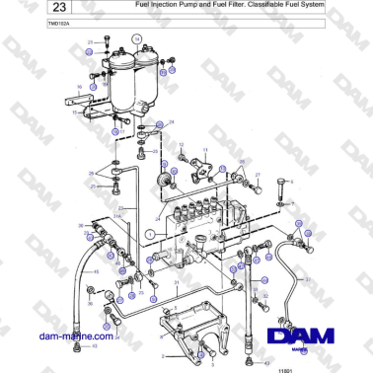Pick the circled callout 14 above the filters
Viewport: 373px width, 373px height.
click(137, 38)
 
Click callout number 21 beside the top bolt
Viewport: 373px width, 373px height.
click(91, 43)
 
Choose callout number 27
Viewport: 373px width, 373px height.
click(258, 174)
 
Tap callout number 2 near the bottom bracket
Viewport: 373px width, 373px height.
click(162, 352)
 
